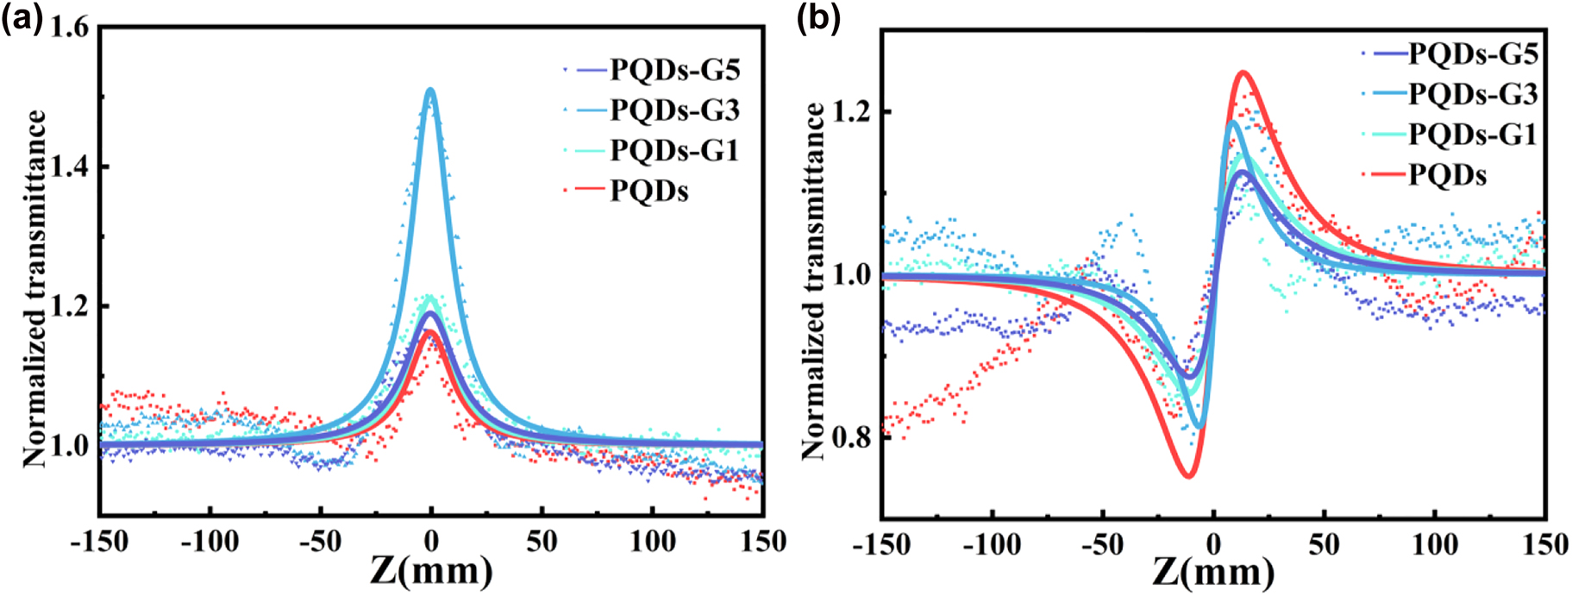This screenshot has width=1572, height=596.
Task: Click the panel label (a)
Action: point(22,18)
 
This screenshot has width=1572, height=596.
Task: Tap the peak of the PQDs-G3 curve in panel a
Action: point(430,90)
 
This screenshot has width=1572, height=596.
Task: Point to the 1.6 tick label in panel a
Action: point(69,28)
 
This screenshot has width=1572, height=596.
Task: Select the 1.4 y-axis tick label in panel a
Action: point(69,167)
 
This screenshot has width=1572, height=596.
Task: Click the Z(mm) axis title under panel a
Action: point(431,571)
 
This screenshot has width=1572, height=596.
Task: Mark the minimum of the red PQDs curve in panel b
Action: point(1188,475)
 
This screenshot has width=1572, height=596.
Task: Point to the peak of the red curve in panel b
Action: point(1243,72)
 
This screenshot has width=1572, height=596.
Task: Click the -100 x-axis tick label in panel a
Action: point(210,543)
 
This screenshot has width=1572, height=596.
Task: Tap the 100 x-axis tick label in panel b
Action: point(1434,544)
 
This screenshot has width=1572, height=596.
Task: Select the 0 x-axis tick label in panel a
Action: point(431,543)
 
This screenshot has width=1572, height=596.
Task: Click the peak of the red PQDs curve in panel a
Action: point(429,331)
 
